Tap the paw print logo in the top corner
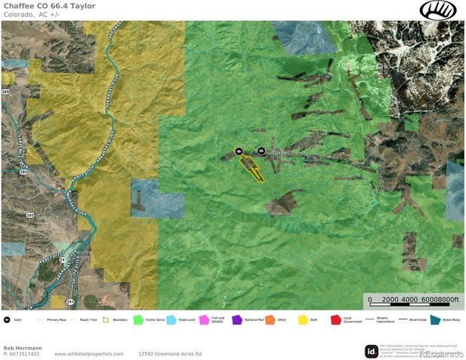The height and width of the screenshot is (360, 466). pos(442,10)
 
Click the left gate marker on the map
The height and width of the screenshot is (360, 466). pos(239,151)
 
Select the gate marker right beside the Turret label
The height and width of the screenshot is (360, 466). pos(260,151)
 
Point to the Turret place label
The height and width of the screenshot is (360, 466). pos(278,152)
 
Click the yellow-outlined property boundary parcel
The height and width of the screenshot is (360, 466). pos(254,168)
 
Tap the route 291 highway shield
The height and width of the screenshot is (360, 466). pos(70,301)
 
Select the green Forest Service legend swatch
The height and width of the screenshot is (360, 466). pos(138,319)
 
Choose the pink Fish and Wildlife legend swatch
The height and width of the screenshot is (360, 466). pos(203,319)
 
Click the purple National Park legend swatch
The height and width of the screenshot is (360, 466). pos(237,319)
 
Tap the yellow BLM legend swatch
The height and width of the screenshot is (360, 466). pos(303,319)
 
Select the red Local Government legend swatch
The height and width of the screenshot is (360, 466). pos(336,319)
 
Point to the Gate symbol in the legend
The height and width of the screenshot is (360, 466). pos(7,319)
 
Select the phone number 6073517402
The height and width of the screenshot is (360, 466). pos(25,353)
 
